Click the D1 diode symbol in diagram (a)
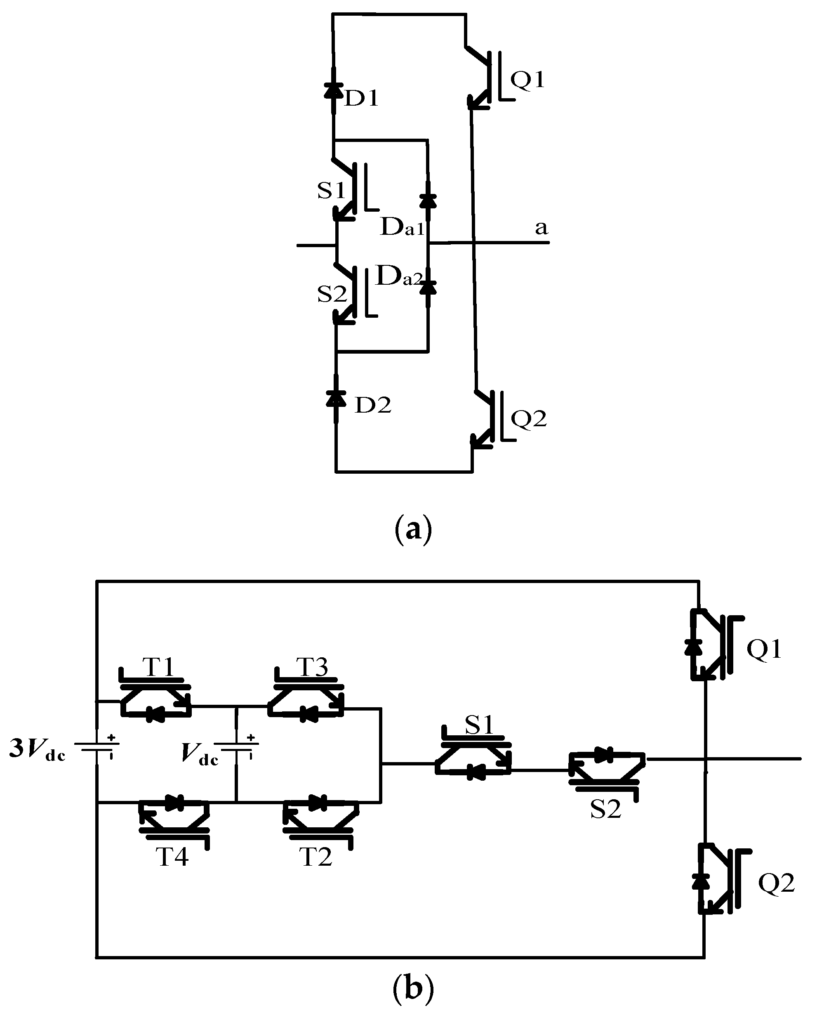pos(334,90)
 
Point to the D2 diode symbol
pos(336,399)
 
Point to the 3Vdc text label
pos(38,750)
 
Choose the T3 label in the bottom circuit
pos(312,667)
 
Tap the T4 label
pos(172,857)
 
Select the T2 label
pos(316,857)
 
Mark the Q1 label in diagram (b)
pos(764,649)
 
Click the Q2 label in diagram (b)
pos(776,883)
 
